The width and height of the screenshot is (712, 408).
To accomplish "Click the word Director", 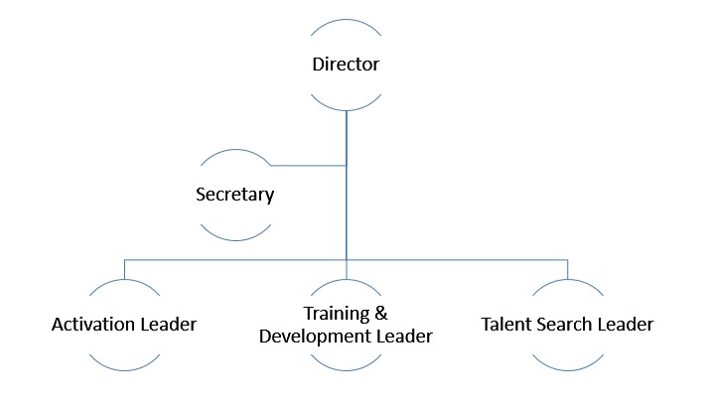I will tap(346, 66).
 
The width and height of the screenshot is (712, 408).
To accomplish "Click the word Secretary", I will tap(234, 195).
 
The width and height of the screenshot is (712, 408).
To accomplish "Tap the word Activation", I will tap(92, 325).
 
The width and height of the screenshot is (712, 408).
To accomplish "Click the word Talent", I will tap(507, 325).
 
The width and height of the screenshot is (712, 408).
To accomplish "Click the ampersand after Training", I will tap(381, 315).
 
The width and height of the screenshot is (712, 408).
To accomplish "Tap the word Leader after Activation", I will tap(167, 325).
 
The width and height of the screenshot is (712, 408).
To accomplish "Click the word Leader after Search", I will tap(628, 325).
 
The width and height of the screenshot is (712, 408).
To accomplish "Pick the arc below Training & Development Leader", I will tap(346, 369).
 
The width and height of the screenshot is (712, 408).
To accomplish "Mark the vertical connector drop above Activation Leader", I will tap(124, 268).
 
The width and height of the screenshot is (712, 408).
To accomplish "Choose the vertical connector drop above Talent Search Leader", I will tap(567, 268).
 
